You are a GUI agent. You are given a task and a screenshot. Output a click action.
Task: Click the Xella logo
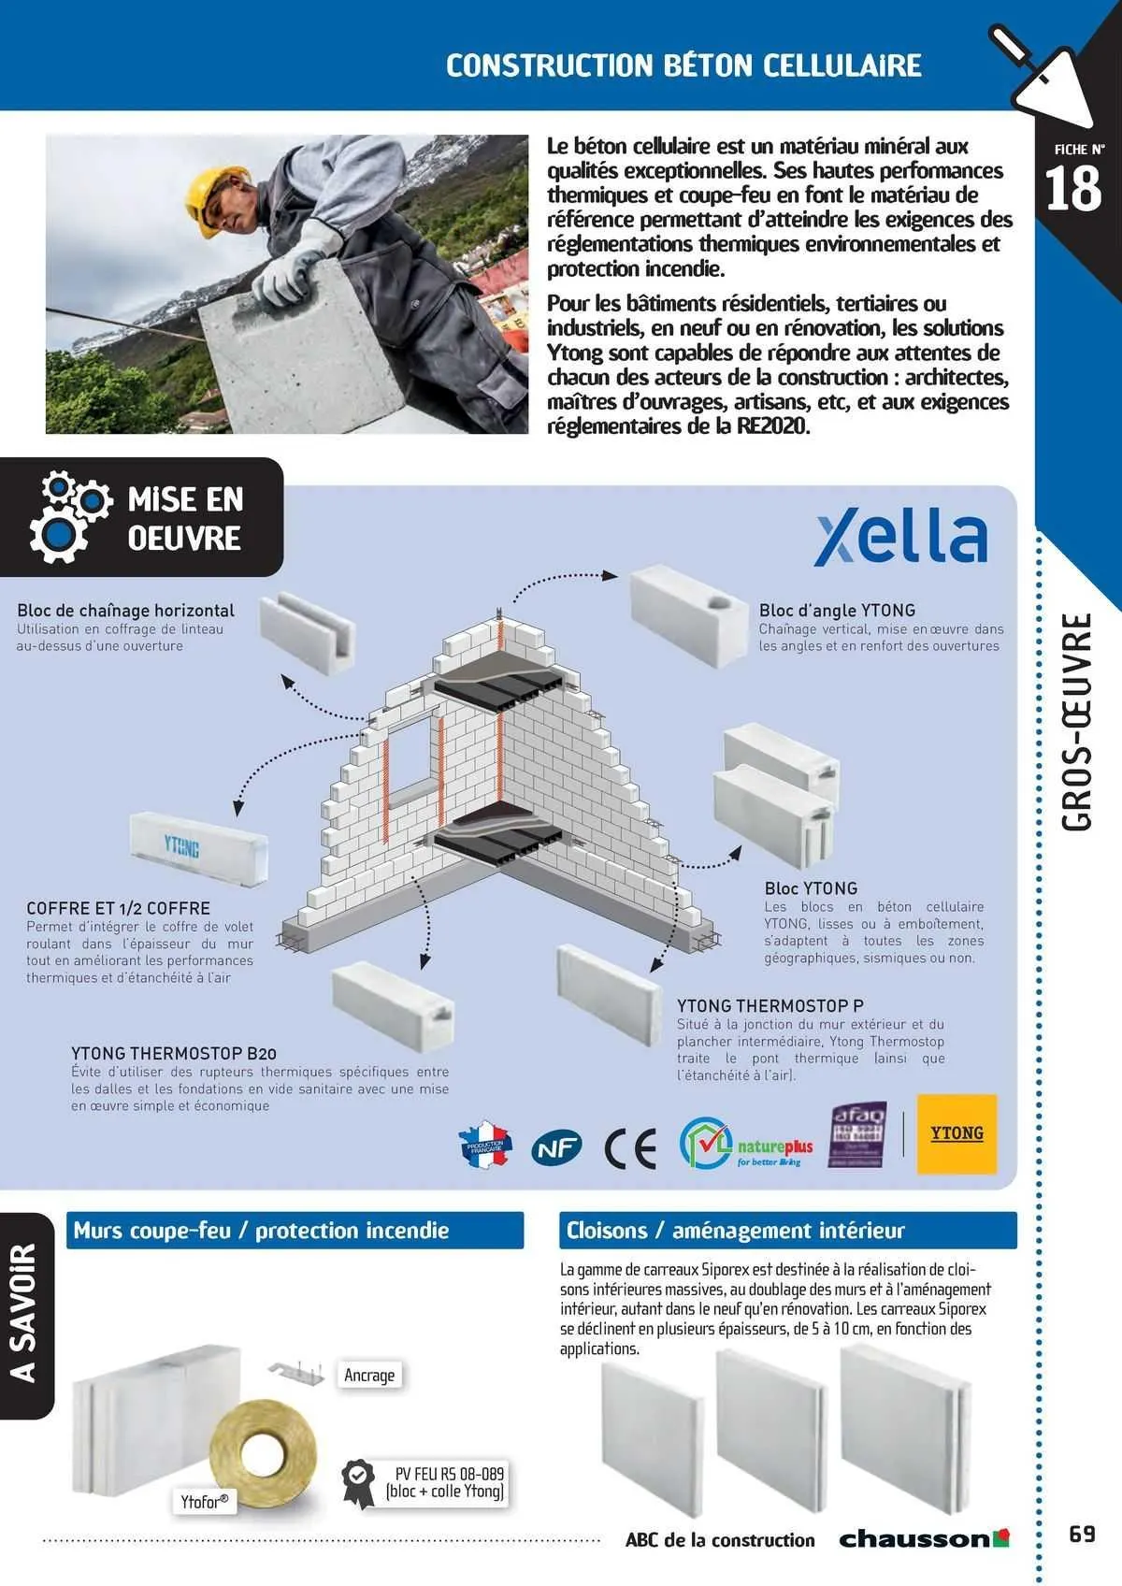point(900,539)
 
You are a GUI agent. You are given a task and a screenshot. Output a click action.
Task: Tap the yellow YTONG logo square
point(957,1133)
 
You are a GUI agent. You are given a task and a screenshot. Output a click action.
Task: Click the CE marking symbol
point(630,1148)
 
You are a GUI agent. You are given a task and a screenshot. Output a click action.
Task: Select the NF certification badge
point(556,1148)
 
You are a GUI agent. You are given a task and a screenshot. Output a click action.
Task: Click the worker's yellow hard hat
point(214,194)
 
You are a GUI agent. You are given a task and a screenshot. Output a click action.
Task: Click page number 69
point(1082,1534)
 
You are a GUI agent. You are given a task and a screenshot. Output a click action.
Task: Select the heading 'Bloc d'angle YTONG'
point(837,610)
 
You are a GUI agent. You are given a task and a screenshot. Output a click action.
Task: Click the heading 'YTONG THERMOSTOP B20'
point(174,1053)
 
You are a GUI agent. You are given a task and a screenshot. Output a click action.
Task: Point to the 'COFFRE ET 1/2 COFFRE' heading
point(119,908)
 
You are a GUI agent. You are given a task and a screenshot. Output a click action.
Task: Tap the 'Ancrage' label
point(369,1375)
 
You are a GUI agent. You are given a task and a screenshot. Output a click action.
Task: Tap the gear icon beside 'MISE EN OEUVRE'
point(65,517)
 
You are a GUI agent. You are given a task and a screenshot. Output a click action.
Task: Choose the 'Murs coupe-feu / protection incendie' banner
point(295,1231)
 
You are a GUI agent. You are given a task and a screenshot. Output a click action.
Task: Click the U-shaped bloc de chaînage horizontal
point(306,633)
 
